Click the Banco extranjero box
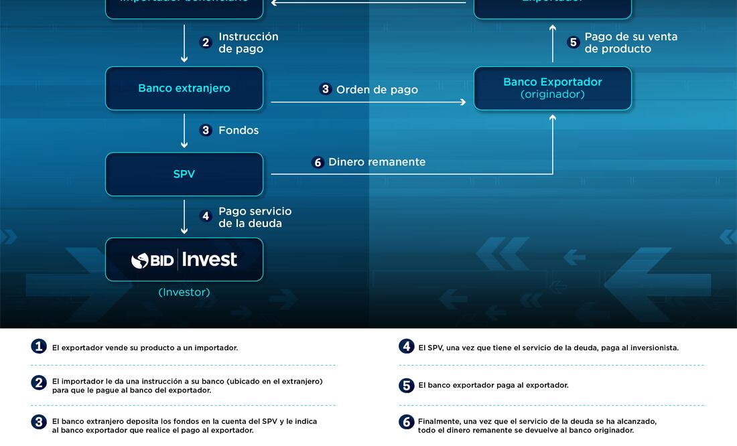pos(184,88)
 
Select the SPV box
pos(184,174)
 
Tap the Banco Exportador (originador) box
pos(553,88)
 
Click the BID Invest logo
pos(184,260)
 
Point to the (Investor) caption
pos(184,293)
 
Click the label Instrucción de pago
pos(248,43)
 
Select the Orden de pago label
pos(377,90)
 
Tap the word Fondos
pos(239,131)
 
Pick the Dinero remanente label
pos(377,162)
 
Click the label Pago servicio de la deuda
pos(255,217)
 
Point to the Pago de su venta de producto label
pos(630,43)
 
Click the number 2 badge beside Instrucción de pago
pos(206,43)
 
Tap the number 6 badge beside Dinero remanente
pos(318,163)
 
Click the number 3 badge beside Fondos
pos(206,131)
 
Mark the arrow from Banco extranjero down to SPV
pos(184,131)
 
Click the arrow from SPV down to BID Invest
pos(184,217)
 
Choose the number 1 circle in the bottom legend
pos(39,347)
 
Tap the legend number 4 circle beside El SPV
pos(407,347)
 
